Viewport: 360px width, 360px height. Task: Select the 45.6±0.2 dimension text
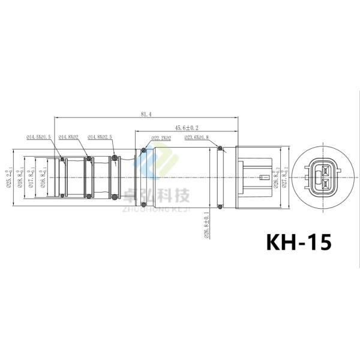click(187, 128)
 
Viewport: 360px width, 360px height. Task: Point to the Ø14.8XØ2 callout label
click(69, 137)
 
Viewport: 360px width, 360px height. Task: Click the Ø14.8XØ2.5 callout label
click(100, 137)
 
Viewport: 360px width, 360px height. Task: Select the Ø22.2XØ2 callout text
click(160, 137)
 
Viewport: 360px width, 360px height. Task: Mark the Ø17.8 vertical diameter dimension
click(32, 177)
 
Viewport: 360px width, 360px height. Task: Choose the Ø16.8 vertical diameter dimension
click(44, 177)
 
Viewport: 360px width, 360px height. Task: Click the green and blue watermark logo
click(161, 161)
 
